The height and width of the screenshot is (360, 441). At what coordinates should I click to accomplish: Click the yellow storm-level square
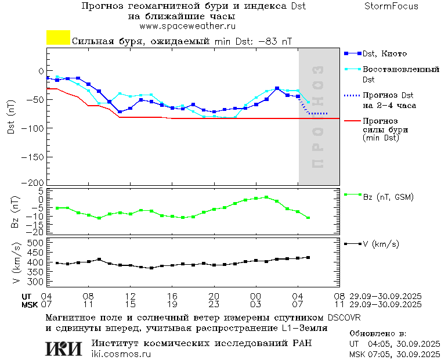point(58,38)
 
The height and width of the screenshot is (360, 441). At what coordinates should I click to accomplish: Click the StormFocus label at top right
point(391,6)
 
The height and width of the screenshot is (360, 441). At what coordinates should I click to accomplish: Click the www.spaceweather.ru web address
point(187,26)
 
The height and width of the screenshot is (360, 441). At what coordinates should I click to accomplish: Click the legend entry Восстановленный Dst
point(400,70)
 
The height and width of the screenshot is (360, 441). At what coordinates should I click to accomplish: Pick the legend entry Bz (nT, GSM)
point(388,197)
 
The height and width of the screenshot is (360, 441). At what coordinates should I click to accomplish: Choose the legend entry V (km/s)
point(381,244)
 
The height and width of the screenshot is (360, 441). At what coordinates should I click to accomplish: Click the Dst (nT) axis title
point(11,117)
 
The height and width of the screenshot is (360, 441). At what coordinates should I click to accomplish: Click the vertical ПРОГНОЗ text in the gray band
point(317,116)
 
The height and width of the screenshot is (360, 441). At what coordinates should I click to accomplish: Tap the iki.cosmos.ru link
point(121,354)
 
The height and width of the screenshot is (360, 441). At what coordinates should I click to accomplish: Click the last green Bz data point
point(308,218)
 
